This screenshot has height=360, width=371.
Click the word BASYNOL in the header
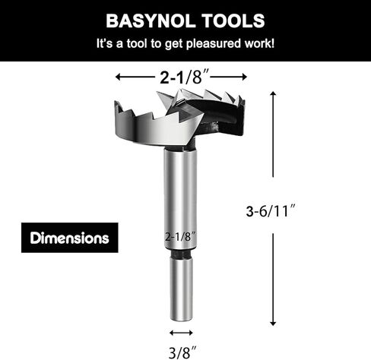(148, 19)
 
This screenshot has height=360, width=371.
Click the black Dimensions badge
(69, 238)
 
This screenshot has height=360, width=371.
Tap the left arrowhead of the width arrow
(119, 77)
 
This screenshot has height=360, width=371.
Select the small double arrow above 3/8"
(181, 333)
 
